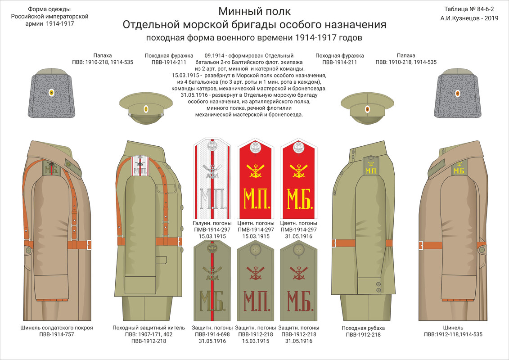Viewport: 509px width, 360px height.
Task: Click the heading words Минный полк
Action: click(x=254, y=11)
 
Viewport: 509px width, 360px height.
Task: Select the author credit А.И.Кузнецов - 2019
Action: click(x=470, y=18)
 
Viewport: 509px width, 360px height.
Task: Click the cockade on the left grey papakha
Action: click(x=51, y=93)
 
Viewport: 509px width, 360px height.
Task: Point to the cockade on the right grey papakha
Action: click(x=458, y=93)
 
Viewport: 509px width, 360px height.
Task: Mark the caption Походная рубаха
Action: click(x=363, y=328)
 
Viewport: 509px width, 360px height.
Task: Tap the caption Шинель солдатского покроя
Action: click(x=57, y=328)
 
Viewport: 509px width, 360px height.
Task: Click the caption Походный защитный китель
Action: click(x=149, y=328)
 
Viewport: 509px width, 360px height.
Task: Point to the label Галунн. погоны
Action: click(x=212, y=223)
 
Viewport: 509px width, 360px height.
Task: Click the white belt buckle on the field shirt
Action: click(x=334, y=243)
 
